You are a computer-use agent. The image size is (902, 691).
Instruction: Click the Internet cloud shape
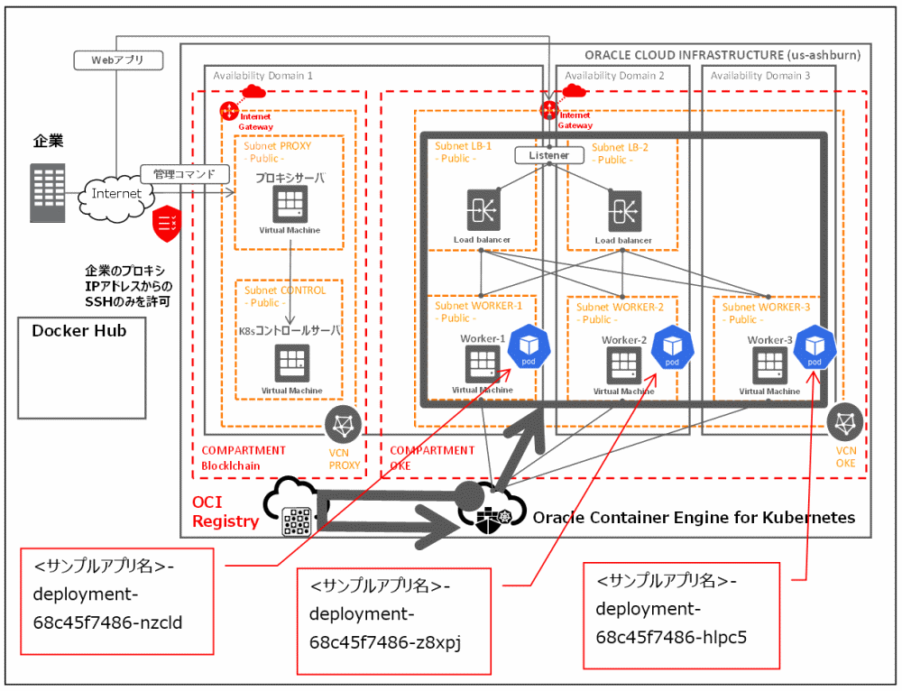point(116,193)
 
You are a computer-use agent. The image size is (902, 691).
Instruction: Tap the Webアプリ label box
point(116,60)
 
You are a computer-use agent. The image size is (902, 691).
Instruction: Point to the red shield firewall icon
point(168,223)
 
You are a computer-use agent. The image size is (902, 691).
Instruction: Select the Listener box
point(549,155)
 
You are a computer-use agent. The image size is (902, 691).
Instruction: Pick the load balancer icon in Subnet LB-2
point(623,210)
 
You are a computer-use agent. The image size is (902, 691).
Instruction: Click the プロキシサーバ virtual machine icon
point(290,204)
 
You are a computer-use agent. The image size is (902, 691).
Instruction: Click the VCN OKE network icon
point(845,422)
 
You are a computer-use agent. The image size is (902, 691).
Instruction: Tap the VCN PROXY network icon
point(343,424)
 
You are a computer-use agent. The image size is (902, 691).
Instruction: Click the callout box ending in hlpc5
point(680,615)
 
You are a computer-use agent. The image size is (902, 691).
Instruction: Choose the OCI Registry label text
point(225,511)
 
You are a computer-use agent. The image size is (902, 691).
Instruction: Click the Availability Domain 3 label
point(759,76)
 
